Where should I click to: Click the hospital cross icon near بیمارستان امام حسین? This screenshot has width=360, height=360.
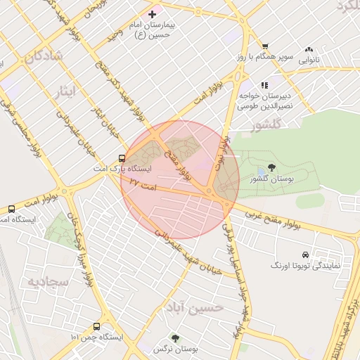tap(152, 14)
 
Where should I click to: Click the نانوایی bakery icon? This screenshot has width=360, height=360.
tap(309, 50)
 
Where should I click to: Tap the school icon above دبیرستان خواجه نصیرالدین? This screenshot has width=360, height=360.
tap(264, 85)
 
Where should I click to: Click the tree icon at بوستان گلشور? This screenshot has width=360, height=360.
tap(272, 168)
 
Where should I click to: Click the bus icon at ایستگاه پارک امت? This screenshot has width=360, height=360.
tap(122, 158)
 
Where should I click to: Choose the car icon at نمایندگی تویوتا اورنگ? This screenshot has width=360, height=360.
tap(305, 255)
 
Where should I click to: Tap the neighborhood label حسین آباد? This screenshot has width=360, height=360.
tap(195, 308)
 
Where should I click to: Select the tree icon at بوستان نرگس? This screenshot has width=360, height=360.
tap(175, 337)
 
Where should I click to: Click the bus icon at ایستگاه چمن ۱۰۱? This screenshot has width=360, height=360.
tap(96, 326)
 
